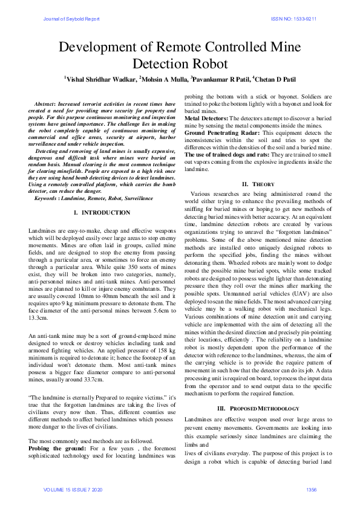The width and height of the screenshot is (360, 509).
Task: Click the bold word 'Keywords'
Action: coord(47,198)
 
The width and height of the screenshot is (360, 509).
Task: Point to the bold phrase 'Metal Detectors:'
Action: coord(206,119)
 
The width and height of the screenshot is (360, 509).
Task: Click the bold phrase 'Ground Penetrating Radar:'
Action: coord(221,132)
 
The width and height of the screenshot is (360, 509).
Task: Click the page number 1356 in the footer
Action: coord(312,489)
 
